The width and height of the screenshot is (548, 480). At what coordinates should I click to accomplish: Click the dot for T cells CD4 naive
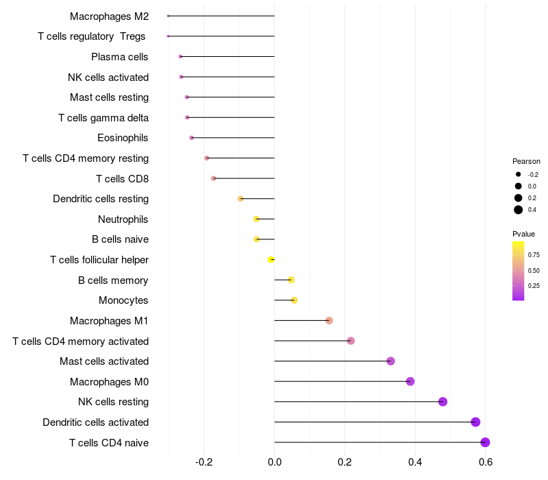click(x=485, y=442)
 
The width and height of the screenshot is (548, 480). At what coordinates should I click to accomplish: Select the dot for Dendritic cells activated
click(x=475, y=422)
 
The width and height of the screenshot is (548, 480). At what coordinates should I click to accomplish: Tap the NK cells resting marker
click(x=443, y=402)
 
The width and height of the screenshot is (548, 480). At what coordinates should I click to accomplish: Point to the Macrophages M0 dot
click(x=410, y=381)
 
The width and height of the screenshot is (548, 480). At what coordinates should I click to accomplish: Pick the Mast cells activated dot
click(x=390, y=361)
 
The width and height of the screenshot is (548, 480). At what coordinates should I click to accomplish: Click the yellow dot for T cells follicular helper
click(x=271, y=260)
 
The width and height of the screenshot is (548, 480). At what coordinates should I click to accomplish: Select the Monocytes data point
click(x=295, y=300)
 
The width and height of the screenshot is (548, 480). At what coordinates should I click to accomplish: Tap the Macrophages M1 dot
click(x=329, y=321)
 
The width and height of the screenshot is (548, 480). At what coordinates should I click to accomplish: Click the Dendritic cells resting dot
click(x=240, y=199)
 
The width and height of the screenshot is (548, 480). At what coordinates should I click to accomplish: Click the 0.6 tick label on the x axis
click(x=485, y=462)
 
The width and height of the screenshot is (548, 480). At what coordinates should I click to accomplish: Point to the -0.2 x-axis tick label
click(x=204, y=462)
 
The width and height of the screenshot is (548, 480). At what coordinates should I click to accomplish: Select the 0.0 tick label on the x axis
click(x=275, y=462)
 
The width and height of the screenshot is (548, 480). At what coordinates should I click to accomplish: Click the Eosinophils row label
click(x=123, y=138)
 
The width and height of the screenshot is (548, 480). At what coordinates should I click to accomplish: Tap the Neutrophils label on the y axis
click(x=123, y=219)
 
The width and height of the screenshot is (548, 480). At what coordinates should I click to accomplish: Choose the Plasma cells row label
click(x=120, y=57)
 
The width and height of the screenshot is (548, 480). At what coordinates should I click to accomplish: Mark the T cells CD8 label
click(x=123, y=179)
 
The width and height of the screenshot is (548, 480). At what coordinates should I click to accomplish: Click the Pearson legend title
click(x=526, y=161)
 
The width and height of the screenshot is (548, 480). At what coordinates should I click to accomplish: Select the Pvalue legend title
click(x=524, y=234)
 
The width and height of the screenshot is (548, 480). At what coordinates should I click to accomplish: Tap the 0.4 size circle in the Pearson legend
click(x=519, y=210)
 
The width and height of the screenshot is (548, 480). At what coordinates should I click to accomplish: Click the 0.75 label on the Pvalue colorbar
click(x=534, y=254)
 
